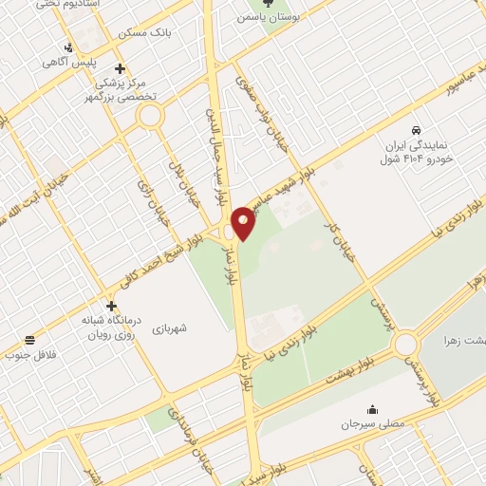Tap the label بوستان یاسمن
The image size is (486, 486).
coord(267,17)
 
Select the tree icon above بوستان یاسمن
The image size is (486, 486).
coord(267,3)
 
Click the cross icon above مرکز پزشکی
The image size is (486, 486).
coord(119,68)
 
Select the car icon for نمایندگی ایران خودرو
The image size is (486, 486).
coord(416,129)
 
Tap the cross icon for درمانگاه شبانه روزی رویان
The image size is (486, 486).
coord(113,306)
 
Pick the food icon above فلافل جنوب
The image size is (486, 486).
coord(31,340)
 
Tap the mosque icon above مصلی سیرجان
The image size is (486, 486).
coord(372,411)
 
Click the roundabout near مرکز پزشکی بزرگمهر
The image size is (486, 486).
coord(149,117)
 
